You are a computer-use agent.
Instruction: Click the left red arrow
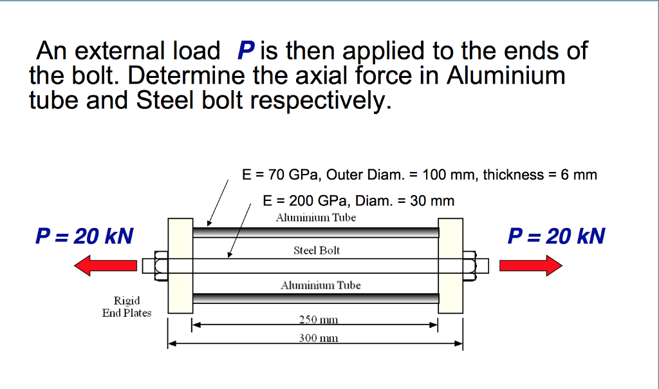(106, 265)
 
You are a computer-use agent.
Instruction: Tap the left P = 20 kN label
(84, 236)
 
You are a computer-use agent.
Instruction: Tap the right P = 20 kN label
(556, 236)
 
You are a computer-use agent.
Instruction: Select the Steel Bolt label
(317, 250)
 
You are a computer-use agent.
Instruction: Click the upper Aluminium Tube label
(315, 218)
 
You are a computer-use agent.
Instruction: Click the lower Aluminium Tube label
(320, 285)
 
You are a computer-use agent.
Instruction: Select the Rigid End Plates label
(127, 307)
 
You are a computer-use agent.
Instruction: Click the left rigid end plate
(180, 265)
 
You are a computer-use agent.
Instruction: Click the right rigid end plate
(450, 265)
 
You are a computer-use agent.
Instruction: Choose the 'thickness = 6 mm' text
(539, 175)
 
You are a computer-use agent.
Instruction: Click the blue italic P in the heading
(246, 51)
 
